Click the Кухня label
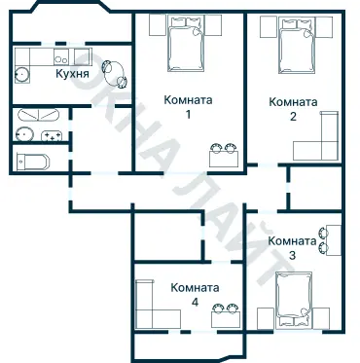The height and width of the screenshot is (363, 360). pyautogui.click(x=73, y=73)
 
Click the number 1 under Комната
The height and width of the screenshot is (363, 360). pyautogui.click(x=188, y=115)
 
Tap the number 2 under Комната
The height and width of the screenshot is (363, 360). pyautogui.click(x=292, y=117)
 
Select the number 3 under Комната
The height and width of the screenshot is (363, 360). pyautogui.click(x=292, y=255)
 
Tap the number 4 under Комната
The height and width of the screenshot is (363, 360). pyautogui.click(x=195, y=303)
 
